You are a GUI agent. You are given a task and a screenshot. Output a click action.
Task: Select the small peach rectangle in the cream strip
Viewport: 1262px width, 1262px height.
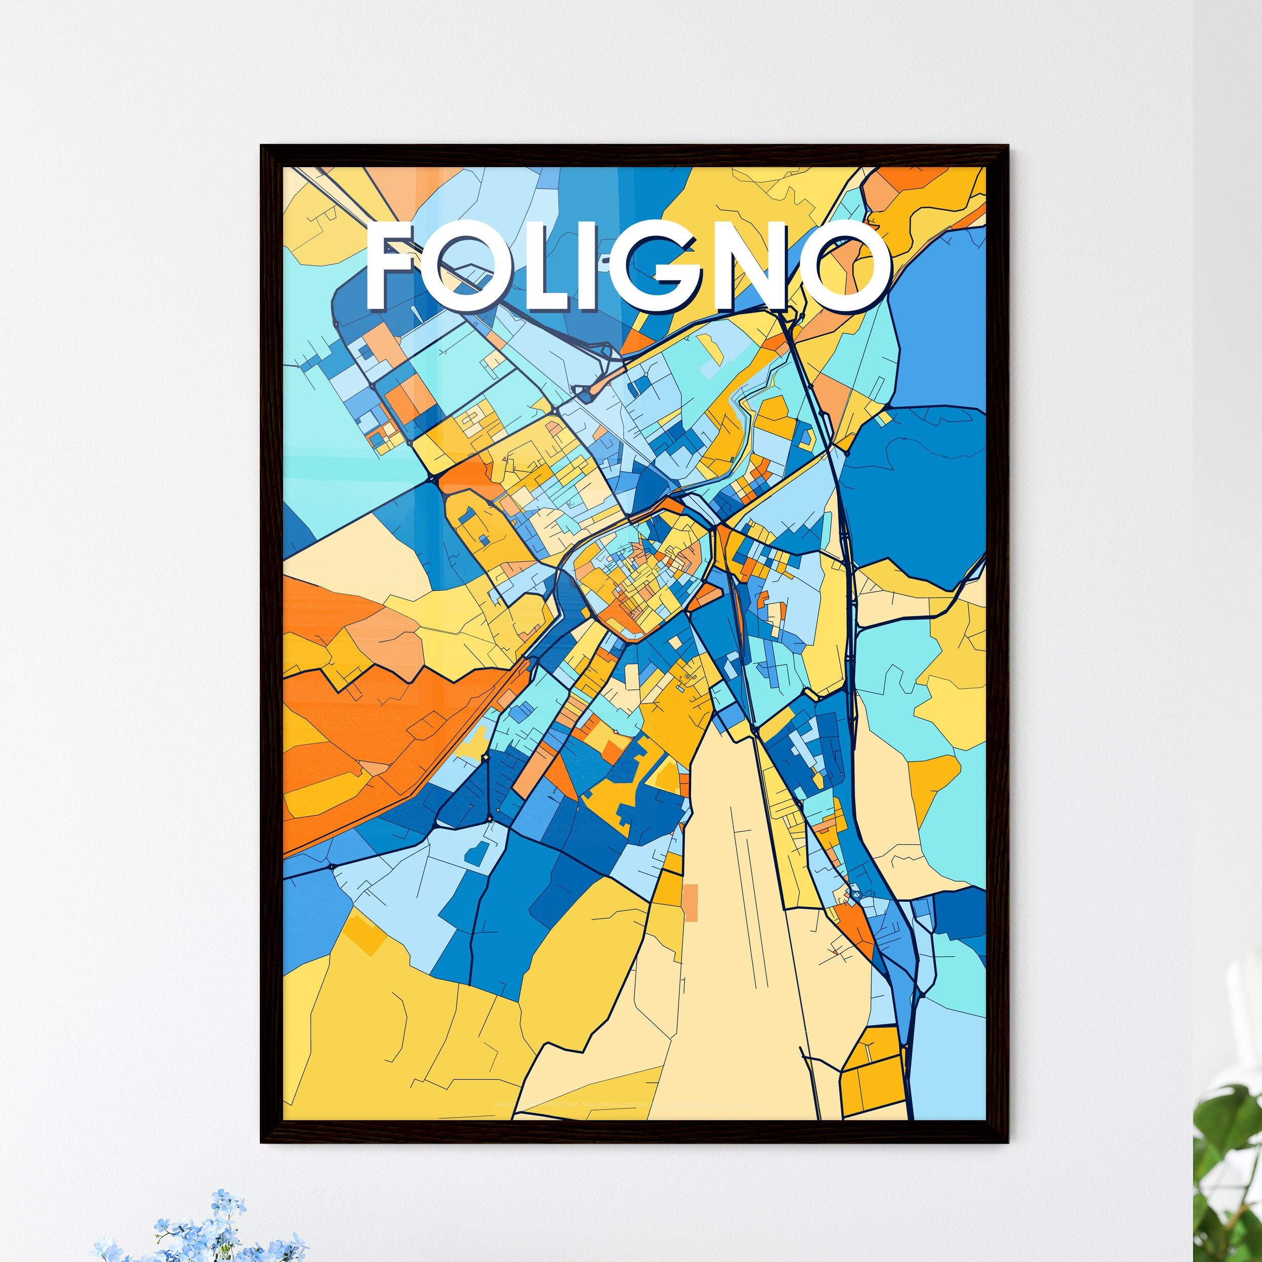[x=690, y=903]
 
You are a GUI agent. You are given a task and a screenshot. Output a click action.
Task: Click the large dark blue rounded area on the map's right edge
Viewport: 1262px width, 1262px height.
[x=915, y=496]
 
